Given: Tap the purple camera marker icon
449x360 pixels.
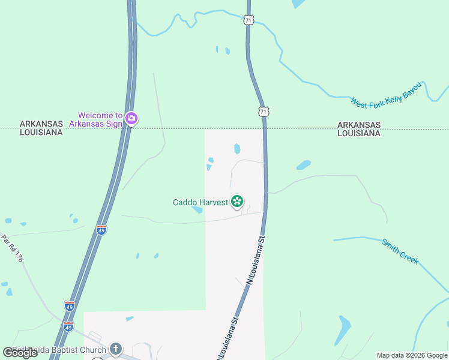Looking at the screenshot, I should (131, 119).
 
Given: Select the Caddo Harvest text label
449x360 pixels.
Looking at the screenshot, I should (200, 202).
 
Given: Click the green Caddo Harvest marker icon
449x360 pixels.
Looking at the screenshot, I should (237, 202).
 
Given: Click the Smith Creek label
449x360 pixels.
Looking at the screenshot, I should (400, 251).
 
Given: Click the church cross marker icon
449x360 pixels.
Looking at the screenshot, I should (116, 349).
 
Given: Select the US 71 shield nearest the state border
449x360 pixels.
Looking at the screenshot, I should (264, 111).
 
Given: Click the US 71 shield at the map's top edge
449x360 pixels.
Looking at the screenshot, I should (249, 20).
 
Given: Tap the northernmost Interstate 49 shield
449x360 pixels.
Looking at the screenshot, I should (101, 230).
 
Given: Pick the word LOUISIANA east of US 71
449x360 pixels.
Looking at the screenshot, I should (358, 133).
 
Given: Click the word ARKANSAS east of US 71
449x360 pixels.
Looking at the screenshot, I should (358, 125).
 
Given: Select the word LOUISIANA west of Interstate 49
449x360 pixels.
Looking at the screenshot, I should (41, 132).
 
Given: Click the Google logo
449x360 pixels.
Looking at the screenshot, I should (20, 352).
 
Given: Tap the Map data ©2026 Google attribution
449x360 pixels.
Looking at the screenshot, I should (412, 355).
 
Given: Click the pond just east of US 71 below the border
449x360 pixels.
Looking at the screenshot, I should (304, 164).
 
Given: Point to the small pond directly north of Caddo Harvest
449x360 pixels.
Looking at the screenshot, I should (237, 148).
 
